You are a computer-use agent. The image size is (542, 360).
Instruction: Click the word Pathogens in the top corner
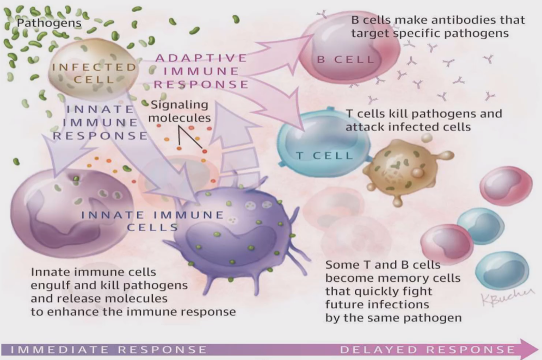[49, 23]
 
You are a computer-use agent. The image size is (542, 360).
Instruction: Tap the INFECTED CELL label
[94, 73]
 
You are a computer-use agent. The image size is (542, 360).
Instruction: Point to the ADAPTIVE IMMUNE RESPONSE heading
[202, 71]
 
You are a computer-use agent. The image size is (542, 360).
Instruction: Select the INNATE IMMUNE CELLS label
[152, 220]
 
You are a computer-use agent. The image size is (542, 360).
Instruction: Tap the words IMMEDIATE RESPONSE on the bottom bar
[109, 349]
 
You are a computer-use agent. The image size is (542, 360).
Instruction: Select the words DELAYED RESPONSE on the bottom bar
[427, 349]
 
